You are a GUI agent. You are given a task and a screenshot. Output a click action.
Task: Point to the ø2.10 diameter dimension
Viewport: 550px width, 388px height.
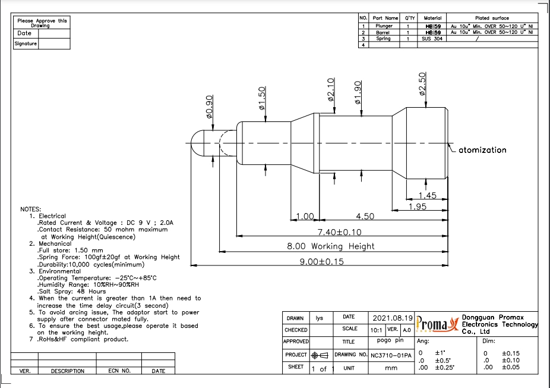(x=331, y=89)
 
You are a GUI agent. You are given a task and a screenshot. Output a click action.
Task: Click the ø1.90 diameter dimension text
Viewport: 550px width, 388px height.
(x=358, y=92)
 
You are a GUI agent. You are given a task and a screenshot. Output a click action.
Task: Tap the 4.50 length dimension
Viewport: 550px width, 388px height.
(x=365, y=216)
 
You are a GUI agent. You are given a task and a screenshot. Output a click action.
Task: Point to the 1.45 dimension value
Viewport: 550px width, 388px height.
(x=427, y=195)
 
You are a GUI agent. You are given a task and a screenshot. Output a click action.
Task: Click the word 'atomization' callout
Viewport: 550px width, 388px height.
(x=482, y=150)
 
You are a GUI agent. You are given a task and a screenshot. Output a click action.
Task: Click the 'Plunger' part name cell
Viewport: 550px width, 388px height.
(x=384, y=26)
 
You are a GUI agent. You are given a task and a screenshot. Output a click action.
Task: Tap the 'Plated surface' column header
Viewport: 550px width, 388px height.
(x=492, y=18)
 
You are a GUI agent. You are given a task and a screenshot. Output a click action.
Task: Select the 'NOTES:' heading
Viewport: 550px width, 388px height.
(x=31, y=209)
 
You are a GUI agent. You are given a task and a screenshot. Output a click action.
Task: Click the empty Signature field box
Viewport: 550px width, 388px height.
(x=54, y=44)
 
